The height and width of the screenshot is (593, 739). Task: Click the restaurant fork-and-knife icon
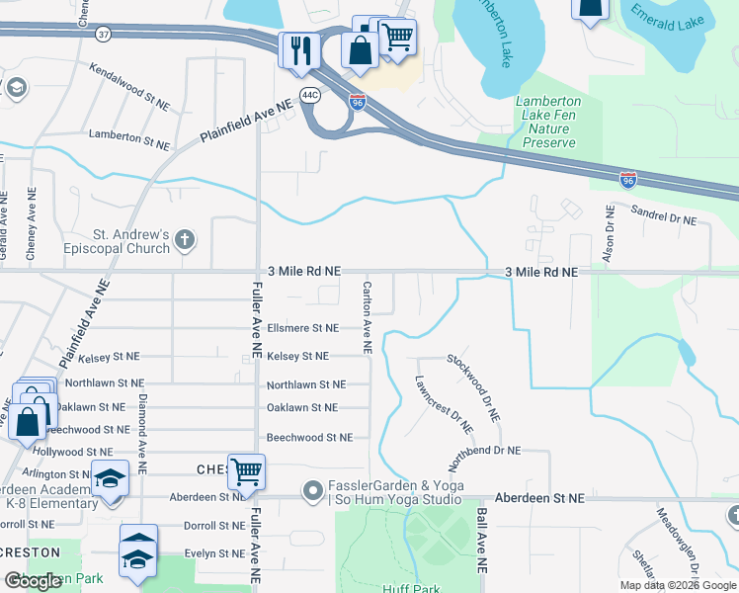[299, 50]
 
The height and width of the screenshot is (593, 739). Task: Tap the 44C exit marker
[309, 95]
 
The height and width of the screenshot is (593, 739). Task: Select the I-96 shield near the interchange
[358, 101]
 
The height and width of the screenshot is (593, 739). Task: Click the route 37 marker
[104, 34]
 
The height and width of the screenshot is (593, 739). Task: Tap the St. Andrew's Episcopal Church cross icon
[184, 239]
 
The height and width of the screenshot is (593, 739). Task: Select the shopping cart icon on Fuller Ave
[245, 471]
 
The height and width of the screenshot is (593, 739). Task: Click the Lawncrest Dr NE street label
[444, 403]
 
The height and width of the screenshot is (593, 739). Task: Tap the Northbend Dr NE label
[484, 451]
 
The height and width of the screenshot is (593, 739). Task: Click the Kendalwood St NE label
[129, 85]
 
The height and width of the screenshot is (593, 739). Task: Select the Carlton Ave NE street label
[367, 315]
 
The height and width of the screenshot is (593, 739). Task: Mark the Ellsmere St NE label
[302, 328]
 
